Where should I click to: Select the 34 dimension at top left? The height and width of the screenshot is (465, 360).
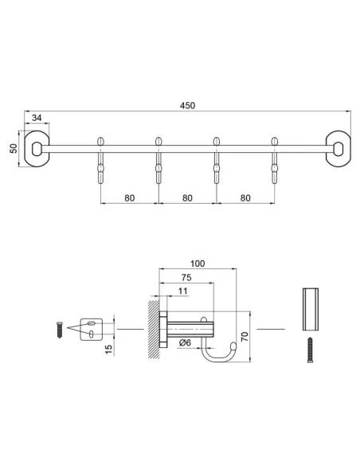click(37, 119)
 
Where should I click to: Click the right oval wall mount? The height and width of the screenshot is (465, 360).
click(338, 149)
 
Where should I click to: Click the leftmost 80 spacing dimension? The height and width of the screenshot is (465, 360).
click(130, 197)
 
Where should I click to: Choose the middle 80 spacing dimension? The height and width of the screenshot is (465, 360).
click(188, 197)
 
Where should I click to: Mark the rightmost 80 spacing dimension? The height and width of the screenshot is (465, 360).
click(246, 197)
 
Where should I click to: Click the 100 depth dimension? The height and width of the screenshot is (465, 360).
click(198, 264)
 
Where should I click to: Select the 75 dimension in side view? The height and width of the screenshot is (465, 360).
click(185, 279)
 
